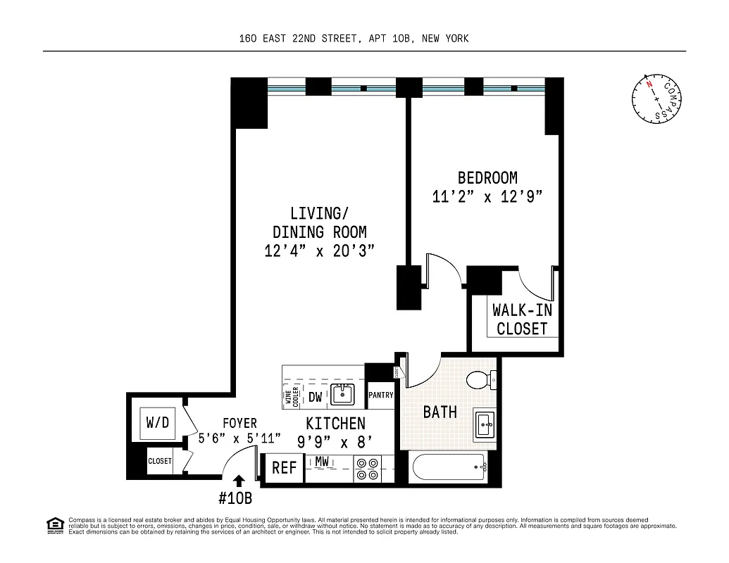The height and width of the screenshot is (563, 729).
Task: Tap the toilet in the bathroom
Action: pyautogui.click(x=482, y=381)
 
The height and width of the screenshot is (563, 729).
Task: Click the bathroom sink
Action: pyautogui.click(x=485, y=424)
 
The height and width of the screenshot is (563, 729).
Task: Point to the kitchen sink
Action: pyautogui.click(x=343, y=395)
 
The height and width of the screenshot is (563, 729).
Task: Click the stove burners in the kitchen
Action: pyautogui.click(x=366, y=469)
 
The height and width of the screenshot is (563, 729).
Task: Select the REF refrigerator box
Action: pyautogui.click(x=284, y=468)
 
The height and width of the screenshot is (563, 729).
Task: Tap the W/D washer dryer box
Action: pyautogui.click(x=158, y=423)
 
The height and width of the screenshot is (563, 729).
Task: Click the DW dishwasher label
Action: pyautogui.click(x=316, y=398)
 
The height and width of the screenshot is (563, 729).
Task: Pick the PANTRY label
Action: pyautogui.click(x=380, y=396)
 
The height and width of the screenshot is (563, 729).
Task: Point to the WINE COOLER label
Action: pyautogui.click(x=291, y=397)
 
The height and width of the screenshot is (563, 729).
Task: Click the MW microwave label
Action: pyautogui.click(x=323, y=462)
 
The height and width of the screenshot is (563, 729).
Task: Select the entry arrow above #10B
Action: pyautogui.click(x=238, y=481)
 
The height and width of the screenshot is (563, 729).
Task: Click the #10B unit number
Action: pyautogui.click(x=235, y=499)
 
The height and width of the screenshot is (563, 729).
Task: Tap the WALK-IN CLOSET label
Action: pyautogui.click(x=521, y=320)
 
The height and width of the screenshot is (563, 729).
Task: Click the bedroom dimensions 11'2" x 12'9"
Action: pyautogui.click(x=487, y=197)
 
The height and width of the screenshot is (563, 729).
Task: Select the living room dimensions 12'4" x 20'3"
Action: pyautogui.click(x=319, y=251)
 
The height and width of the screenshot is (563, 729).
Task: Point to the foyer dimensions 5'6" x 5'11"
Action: pyautogui.click(x=239, y=438)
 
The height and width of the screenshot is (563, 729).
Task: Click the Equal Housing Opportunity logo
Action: pyautogui.click(x=54, y=524)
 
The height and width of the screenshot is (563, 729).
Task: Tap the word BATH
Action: pyautogui.click(x=440, y=412)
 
